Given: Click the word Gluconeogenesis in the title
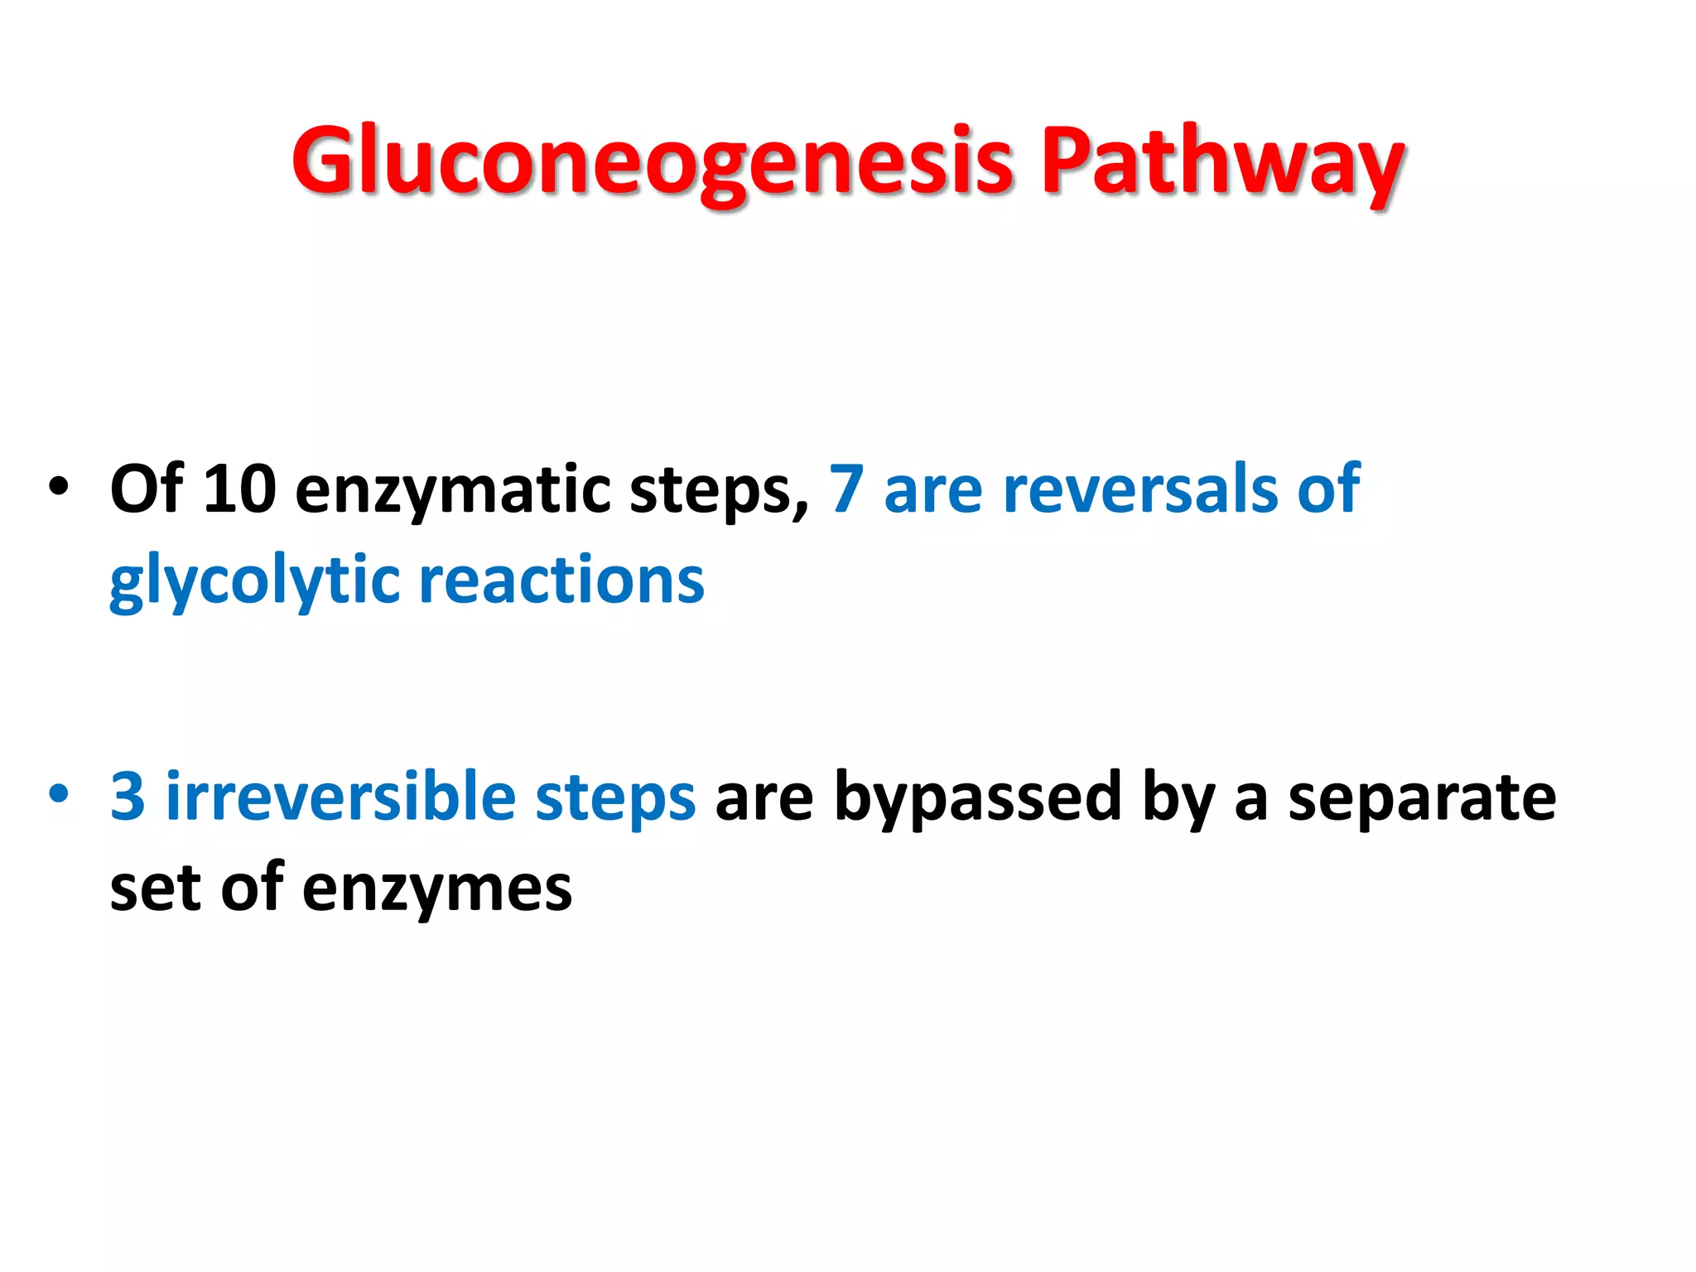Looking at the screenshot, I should pyautogui.click(x=653, y=161).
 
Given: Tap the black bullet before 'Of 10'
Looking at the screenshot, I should pyautogui.click(x=58, y=486).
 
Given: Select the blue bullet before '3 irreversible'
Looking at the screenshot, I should pyautogui.click(x=58, y=793).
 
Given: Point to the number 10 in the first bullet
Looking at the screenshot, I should pyautogui.click(x=239, y=489).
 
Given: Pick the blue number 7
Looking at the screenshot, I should pyautogui.click(x=846, y=489).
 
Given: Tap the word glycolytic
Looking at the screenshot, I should pyautogui.click(x=254, y=582).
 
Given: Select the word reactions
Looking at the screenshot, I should pyautogui.click(x=561, y=580).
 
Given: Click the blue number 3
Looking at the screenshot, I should pyautogui.click(x=128, y=797).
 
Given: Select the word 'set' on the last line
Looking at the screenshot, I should pyautogui.click(x=156, y=889).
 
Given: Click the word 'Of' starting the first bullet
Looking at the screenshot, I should pyautogui.click(x=146, y=489).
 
